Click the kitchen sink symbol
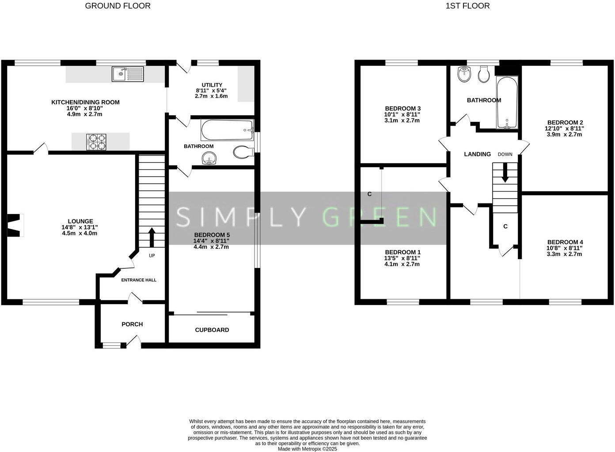(x=128, y=74)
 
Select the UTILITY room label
(x=212, y=85)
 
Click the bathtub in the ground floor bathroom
(x=227, y=130)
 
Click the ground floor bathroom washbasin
(x=208, y=158)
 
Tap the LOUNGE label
(x=80, y=221)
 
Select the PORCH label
(x=132, y=324)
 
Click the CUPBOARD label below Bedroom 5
(x=212, y=330)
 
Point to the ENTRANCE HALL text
(x=139, y=280)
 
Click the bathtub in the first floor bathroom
(x=507, y=102)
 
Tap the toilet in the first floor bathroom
(x=484, y=75)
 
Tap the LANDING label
(x=477, y=154)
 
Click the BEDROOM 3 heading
(x=402, y=109)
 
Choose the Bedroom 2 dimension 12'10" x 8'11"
(x=564, y=128)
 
